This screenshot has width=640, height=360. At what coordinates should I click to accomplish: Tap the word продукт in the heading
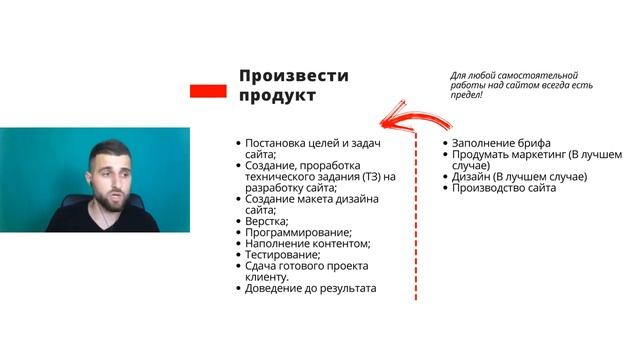click(x=277, y=96)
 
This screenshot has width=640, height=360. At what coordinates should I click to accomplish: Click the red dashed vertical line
click(x=416, y=220)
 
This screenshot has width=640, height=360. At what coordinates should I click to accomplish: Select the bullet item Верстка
click(x=266, y=221)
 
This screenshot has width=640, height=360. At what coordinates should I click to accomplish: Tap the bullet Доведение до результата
click(x=310, y=288)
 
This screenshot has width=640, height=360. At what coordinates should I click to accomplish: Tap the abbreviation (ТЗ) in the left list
click(x=370, y=176)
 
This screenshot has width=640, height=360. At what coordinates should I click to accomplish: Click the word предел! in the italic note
click(x=466, y=95)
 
